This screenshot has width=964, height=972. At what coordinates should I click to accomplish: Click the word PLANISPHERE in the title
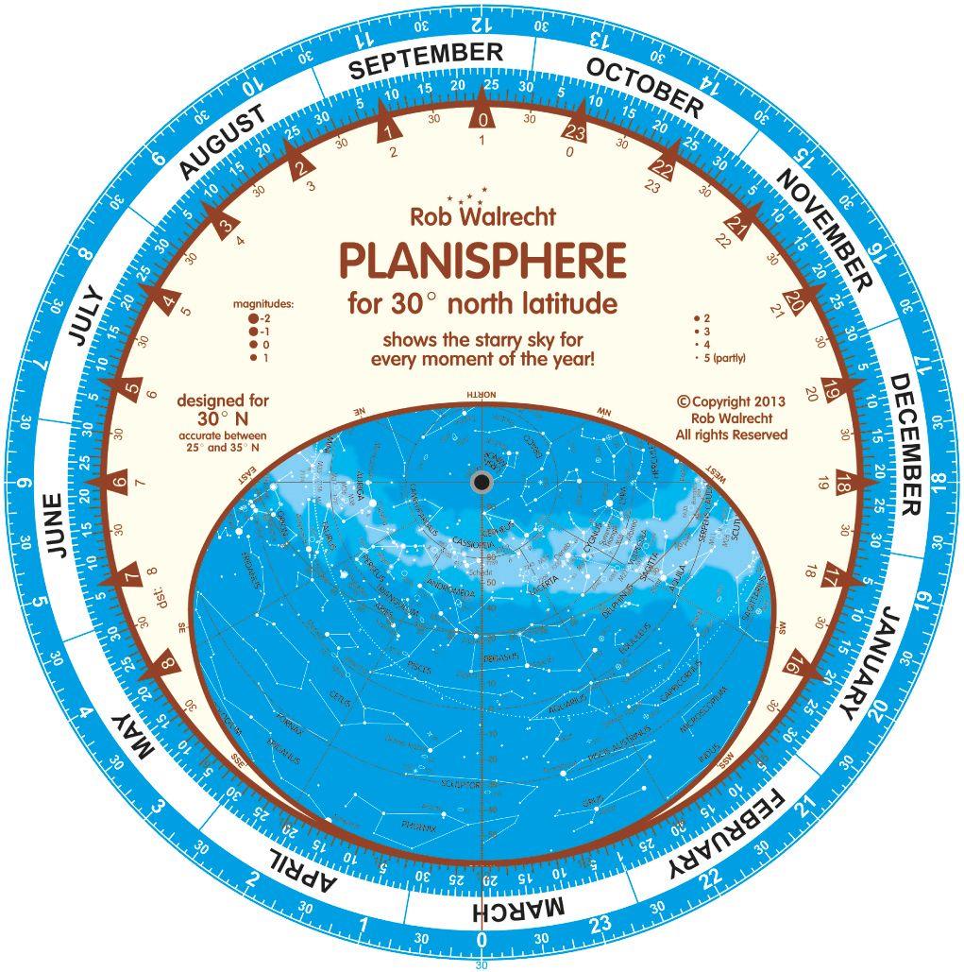click(482, 261)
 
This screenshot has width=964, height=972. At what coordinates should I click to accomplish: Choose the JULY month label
click(84, 314)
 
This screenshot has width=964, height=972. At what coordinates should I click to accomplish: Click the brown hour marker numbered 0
click(482, 120)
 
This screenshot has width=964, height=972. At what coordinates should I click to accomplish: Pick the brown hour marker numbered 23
click(576, 131)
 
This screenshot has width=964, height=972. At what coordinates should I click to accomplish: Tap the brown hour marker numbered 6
click(119, 484)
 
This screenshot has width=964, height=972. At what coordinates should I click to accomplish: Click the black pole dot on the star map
click(482, 483)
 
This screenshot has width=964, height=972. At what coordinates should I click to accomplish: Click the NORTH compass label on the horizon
click(482, 395)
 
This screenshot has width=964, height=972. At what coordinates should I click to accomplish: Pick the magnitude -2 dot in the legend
click(253, 319)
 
